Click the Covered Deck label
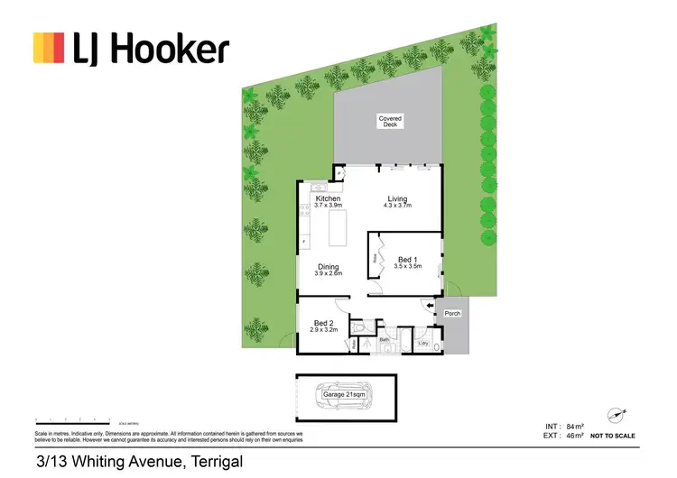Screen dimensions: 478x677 pos(390,121)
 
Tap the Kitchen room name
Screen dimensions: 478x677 pos(327,198)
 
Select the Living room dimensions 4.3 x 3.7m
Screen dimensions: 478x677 pos(398,206)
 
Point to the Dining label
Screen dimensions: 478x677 pos(327,266)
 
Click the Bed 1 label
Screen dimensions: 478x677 pos(409,260)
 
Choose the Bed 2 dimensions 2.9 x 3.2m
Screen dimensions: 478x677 pos(324,331)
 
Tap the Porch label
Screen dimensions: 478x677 pos(452,314)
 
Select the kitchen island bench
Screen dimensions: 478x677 pos(342,231)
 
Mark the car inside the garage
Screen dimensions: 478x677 pos(347,395)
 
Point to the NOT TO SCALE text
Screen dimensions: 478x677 pos(614,436)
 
